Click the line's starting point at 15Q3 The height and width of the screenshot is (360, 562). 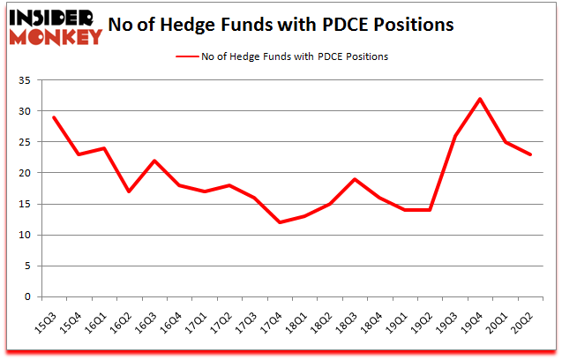[x=54, y=117]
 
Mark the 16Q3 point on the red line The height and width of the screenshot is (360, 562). [x=155, y=161]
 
